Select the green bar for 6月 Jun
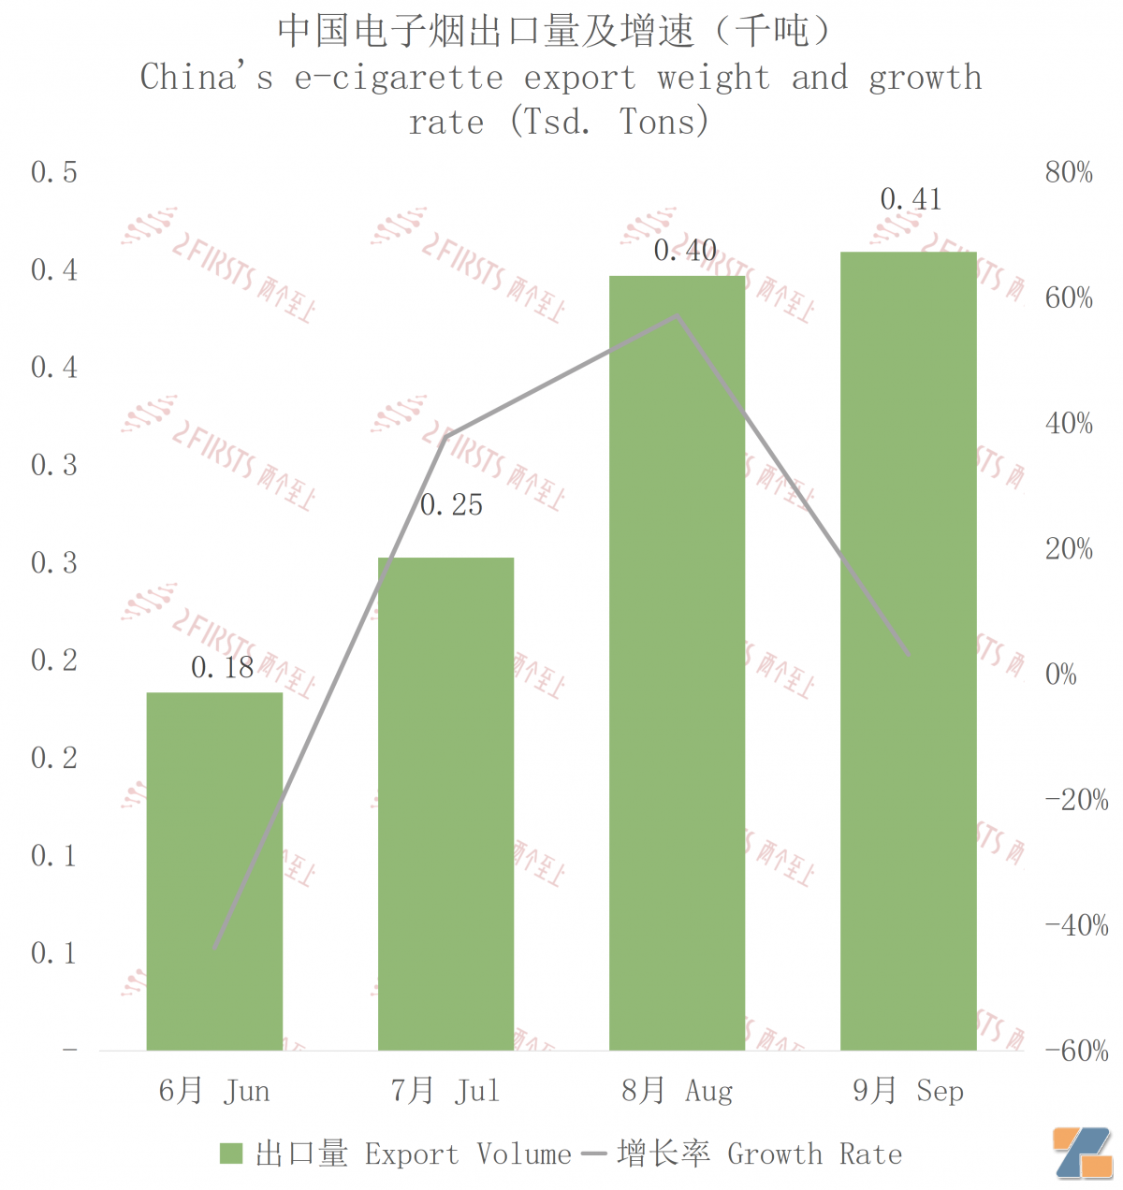pos(214,870)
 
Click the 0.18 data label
pos(223,667)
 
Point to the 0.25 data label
pos(451,505)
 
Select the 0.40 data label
pos(685,251)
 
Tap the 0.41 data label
pos(911,199)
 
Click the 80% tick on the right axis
pos(1069,172)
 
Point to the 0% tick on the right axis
pos(1061,674)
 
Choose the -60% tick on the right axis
pos(1076,1051)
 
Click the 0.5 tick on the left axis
pos(54,172)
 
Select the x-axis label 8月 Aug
pos(677,1091)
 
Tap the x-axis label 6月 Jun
pos(214,1091)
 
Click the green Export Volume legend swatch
pos(231,1154)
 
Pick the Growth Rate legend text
pos(814,1154)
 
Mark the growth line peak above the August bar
pos(677,316)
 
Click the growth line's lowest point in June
pos(215,948)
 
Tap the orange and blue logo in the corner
pos(1082,1153)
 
